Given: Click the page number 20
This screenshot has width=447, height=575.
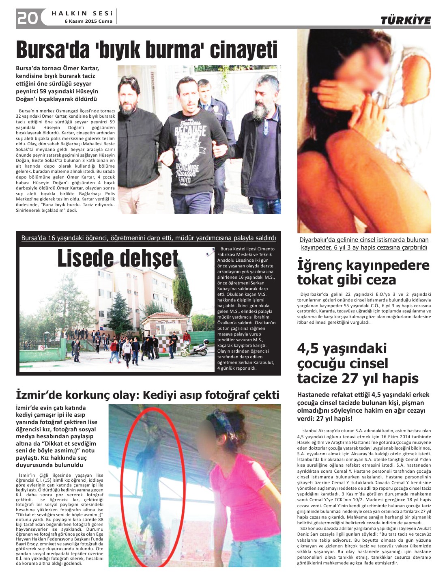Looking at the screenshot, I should pos(28,17).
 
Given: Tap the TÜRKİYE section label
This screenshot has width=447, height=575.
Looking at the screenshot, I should pos(405,21).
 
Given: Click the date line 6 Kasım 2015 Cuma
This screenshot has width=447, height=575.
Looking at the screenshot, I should pos(88,21).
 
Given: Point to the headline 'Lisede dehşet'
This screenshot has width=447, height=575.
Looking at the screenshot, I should pos(118,258).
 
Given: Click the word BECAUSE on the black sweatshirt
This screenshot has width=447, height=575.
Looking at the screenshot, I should pos(190,131).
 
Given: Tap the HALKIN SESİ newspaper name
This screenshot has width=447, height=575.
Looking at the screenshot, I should pos(82,13).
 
